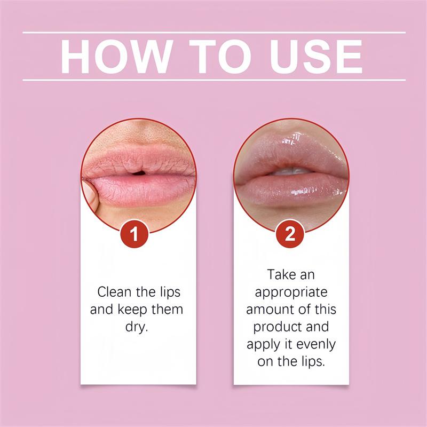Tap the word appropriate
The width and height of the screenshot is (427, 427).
[291, 293]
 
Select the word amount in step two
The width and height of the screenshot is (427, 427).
[272, 310]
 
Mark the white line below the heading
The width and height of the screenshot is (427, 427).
[213, 80]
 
